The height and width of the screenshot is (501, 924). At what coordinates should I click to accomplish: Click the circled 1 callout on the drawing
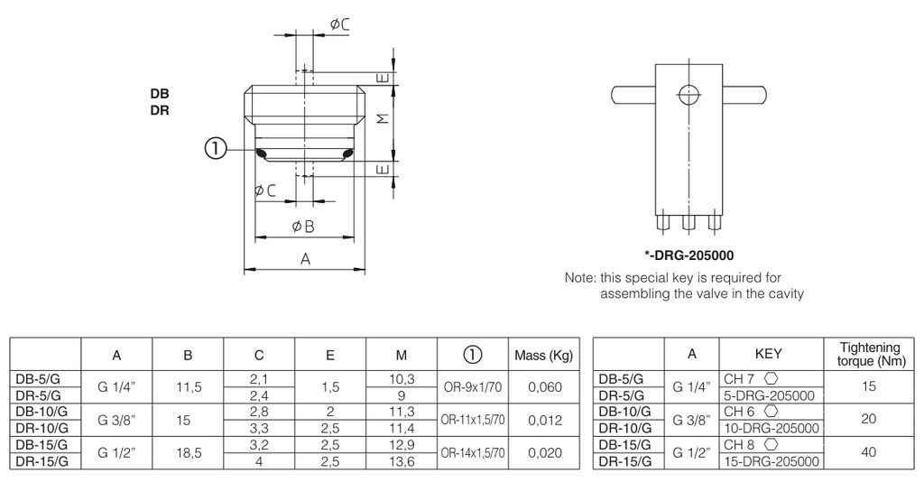point(216,149)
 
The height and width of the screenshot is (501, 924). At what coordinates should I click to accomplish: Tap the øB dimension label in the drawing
point(303,227)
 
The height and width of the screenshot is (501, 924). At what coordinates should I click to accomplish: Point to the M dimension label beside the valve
point(383,118)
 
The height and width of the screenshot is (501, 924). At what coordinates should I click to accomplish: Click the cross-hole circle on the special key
point(688,94)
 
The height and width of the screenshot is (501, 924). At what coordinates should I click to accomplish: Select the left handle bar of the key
point(633,95)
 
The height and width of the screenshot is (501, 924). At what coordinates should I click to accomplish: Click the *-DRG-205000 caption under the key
point(688,255)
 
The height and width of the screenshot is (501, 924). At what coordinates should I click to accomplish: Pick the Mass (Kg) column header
point(543,356)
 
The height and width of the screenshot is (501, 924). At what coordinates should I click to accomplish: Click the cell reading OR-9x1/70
point(472,387)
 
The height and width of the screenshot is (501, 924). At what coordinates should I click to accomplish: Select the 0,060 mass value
point(544,387)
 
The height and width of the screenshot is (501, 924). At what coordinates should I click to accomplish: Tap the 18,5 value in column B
point(189,452)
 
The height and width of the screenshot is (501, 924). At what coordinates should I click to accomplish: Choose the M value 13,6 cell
point(402,461)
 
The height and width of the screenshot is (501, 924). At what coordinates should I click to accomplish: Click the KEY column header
point(769,354)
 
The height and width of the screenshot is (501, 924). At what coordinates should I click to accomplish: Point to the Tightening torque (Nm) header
point(871,354)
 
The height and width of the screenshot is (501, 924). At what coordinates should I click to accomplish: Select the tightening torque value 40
point(869,452)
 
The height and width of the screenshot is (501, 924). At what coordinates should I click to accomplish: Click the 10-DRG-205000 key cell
point(772,429)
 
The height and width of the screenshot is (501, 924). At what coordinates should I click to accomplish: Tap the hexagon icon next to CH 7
point(771,378)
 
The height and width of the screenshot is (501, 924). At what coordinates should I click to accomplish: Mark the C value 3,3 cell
point(259,428)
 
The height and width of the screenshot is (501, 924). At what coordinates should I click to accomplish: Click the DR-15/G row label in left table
point(42,461)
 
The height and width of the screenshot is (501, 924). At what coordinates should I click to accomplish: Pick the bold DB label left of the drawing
point(160,94)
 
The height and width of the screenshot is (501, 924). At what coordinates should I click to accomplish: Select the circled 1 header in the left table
point(473,354)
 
